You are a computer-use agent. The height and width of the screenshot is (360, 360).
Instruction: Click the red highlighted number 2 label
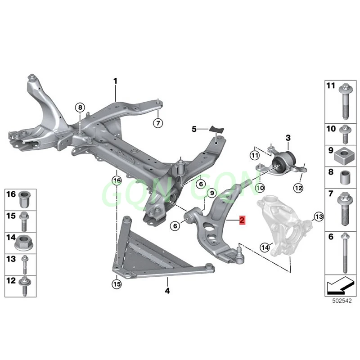pyautogui.click(x=242, y=220)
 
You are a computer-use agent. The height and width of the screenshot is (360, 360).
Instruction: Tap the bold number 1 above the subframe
pyautogui.click(x=115, y=81)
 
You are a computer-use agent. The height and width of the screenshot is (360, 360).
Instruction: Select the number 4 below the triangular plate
pyautogui.click(x=167, y=290)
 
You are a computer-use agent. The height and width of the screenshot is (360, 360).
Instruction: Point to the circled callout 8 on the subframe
pyautogui.click(x=80, y=108)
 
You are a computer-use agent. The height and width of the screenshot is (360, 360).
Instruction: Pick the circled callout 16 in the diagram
pyautogui.click(x=117, y=181)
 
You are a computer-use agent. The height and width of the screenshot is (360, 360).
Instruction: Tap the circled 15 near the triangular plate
pyautogui.click(x=117, y=284)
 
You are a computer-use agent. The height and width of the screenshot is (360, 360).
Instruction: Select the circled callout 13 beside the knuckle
pyautogui.click(x=319, y=217)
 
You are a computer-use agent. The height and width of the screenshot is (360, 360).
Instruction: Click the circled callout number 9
pyautogui.click(x=209, y=193)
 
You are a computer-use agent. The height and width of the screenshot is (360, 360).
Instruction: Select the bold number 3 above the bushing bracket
pyautogui.click(x=288, y=137)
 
